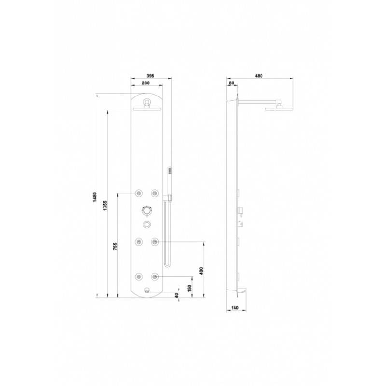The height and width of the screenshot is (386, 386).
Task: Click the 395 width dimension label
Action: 150,76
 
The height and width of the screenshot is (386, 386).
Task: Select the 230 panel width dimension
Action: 146,83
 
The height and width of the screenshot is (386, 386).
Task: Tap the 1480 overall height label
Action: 95,197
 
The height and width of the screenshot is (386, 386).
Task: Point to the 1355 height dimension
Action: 105,206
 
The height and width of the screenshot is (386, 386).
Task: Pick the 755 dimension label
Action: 115,247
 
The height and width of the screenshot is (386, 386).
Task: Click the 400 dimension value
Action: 201,271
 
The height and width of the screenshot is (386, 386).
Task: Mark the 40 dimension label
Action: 176,295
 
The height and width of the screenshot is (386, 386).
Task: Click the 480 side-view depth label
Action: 259,76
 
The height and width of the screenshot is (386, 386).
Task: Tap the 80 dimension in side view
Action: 232,83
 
